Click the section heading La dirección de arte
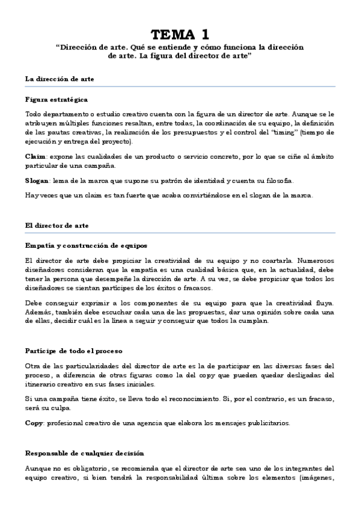point(59,79)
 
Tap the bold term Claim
point(35,156)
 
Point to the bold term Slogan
point(38,180)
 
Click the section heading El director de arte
point(57,226)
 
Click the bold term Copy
point(34,423)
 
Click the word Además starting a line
point(38,312)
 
